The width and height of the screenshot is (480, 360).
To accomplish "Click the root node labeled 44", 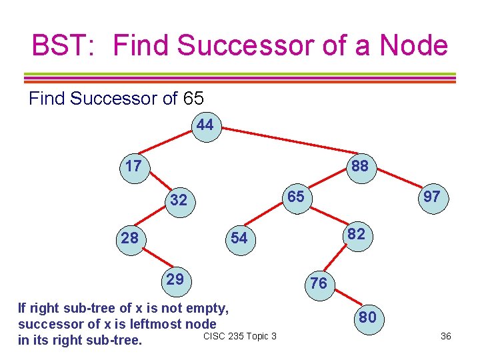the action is pos(206,125).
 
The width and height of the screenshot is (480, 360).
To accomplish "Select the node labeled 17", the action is pos(133,165).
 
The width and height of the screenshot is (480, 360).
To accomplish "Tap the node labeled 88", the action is pos(360,165).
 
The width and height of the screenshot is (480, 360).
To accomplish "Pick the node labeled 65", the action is pos(296,197).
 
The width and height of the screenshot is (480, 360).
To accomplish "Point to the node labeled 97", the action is pos(433,197).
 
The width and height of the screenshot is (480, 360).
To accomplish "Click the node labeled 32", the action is pos(179,200).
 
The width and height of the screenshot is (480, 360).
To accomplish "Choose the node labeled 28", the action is pos(129,237).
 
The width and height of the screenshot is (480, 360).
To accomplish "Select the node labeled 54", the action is pos(238,238).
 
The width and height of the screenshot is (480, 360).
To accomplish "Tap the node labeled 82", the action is pos(357,234).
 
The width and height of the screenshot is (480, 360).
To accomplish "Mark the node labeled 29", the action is pos(175,279).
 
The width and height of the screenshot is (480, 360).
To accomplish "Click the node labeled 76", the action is pos(319,283).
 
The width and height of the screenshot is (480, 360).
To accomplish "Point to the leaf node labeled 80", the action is pos(367,317).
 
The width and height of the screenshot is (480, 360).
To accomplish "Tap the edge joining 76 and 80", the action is pos(343,299).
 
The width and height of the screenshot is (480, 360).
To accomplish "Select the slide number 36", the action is pos(446,336).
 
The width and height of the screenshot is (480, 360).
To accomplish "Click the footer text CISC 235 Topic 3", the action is pos(240,335).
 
